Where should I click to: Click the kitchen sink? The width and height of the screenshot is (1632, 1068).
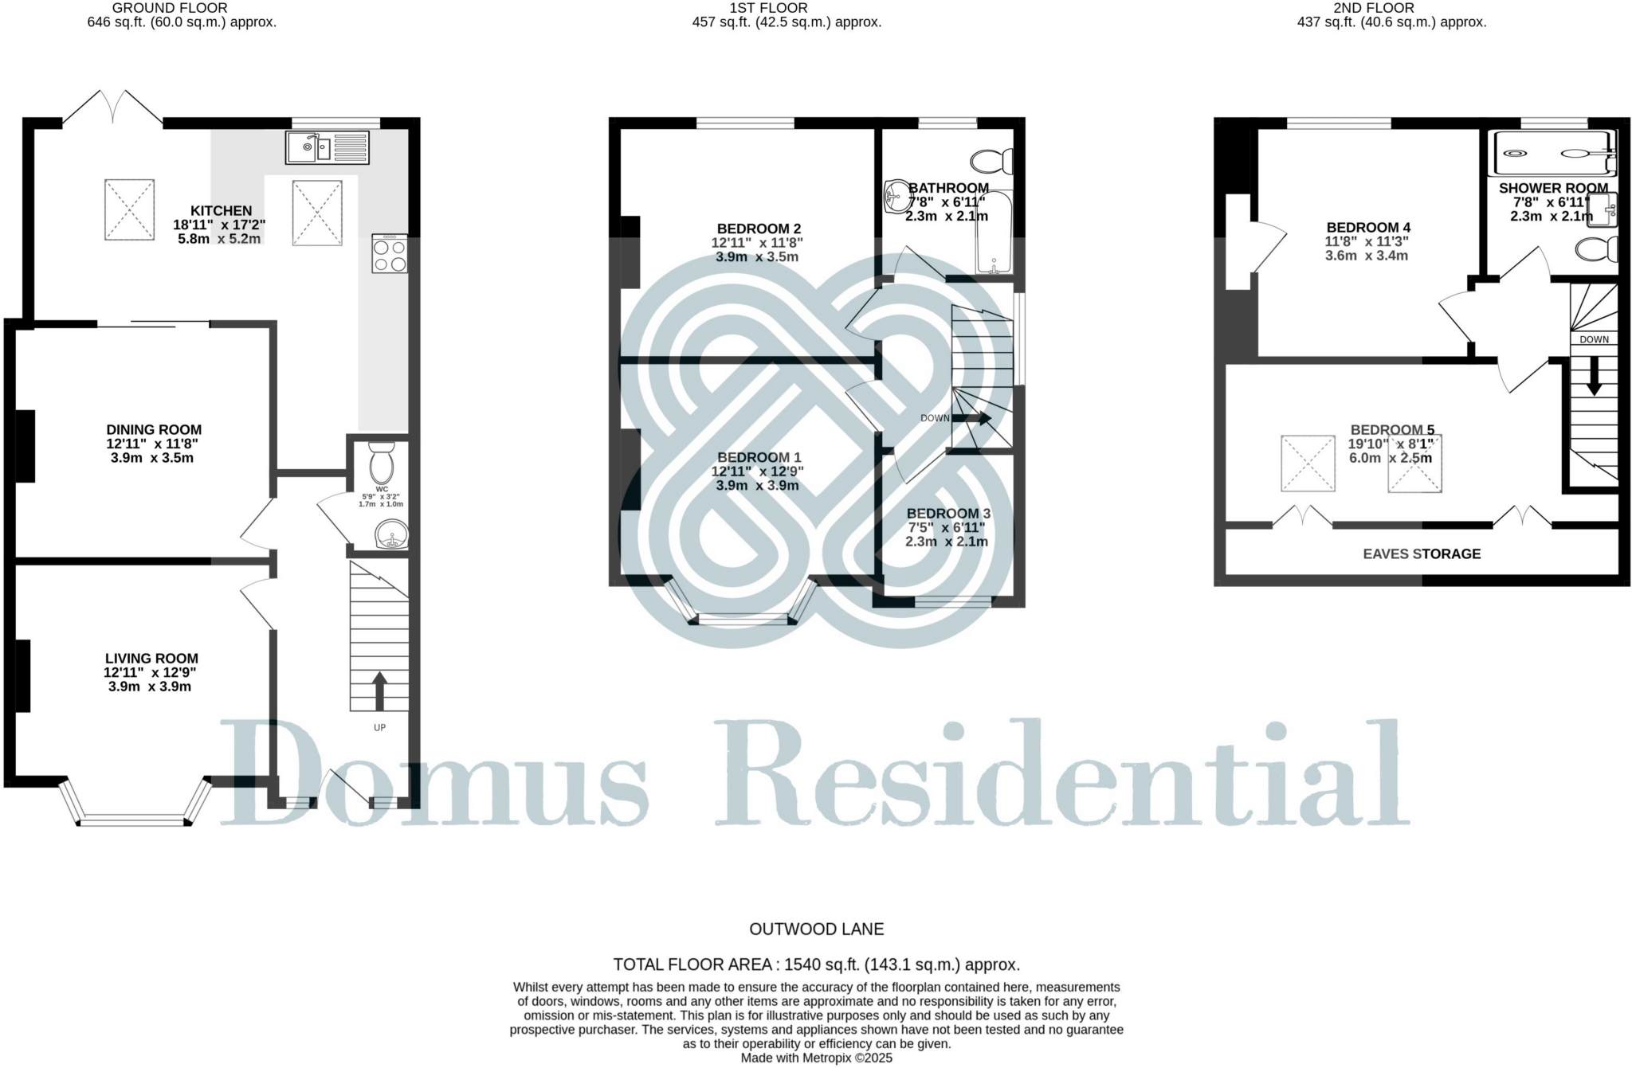[328, 147]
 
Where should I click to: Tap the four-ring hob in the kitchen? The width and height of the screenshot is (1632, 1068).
[390, 254]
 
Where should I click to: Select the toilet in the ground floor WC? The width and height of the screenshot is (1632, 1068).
[382, 461]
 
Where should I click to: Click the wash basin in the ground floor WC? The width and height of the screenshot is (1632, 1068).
[391, 534]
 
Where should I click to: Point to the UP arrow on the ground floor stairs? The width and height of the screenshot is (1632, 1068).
[379, 690]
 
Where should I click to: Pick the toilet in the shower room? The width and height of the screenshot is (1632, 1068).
[1597, 249]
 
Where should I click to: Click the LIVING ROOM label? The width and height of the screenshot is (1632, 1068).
[151, 659]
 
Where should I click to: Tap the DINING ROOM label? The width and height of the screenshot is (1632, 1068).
[154, 430]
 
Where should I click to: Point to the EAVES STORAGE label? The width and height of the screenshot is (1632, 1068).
[1422, 554]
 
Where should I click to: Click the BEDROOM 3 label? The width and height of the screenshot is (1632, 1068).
[948, 514]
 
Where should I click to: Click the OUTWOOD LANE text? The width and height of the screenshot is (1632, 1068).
[816, 929]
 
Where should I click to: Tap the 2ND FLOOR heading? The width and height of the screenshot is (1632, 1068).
[1373, 8]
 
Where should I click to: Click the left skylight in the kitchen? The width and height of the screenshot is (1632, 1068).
[129, 209]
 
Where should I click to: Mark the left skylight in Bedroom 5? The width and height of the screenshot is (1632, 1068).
[1308, 463]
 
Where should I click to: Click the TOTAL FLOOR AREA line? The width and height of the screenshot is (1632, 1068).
[816, 964]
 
